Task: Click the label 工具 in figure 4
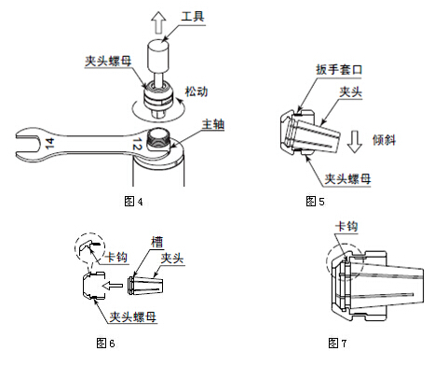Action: (193, 16)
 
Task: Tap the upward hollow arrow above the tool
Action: (158, 22)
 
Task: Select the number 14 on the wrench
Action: (49, 144)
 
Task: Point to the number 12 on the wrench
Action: (137, 145)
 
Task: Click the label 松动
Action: (197, 91)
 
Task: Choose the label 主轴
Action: (213, 124)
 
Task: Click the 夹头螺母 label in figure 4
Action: (108, 61)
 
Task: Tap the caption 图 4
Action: (133, 202)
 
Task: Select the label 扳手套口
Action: (339, 69)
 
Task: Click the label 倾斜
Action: (384, 140)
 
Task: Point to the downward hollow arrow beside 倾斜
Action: (355, 142)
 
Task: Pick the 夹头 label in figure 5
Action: (350, 91)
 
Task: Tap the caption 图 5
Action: (315, 202)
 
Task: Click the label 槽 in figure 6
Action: (157, 242)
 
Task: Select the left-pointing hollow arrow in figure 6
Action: (113, 285)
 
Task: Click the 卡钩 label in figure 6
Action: (115, 257)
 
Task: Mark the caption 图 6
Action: (106, 343)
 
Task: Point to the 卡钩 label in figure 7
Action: (346, 226)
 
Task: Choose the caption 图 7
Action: (337, 343)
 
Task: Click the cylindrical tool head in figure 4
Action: (158, 56)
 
